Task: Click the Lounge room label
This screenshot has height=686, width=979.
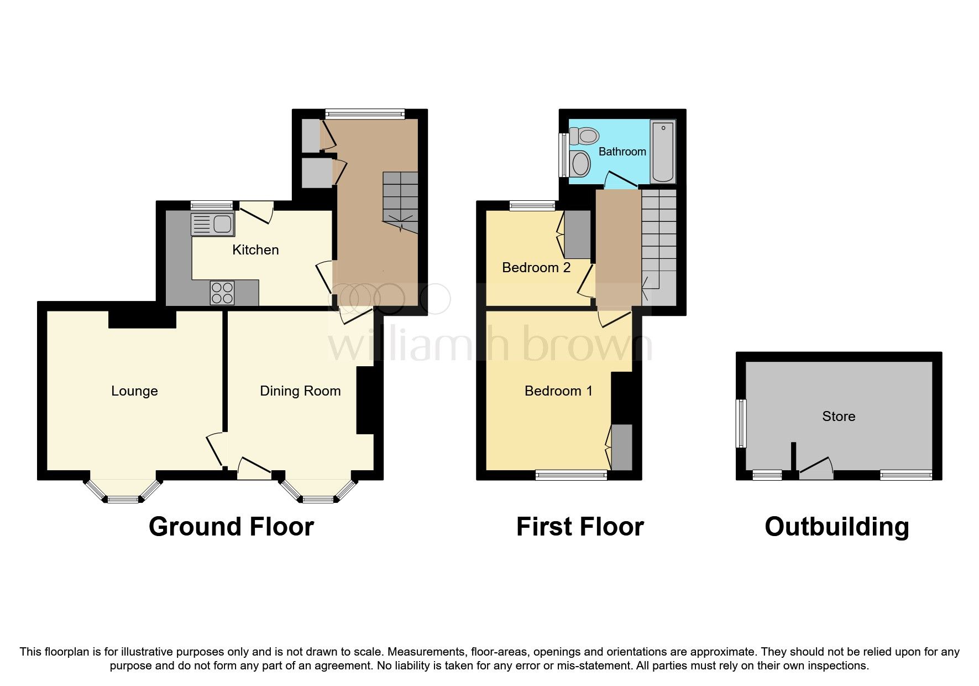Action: [x=134, y=391]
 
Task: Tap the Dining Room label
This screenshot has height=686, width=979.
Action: [x=300, y=391]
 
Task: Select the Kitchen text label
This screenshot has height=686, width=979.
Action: [x=255, y=250]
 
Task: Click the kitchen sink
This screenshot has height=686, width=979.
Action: [x=212, y=225]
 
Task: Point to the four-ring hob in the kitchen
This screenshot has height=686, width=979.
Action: [x=222, y=293]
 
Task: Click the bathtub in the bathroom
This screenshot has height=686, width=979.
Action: [x=663, y=152]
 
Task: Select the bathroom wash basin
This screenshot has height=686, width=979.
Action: [x=580, y=164]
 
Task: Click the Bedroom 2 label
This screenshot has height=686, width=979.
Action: [x=536, y=268]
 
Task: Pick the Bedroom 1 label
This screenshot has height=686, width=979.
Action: [x=558, y=391]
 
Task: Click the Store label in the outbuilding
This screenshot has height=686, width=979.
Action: [x=839, y=417]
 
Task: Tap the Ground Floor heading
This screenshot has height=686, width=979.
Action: [x=231, y=527]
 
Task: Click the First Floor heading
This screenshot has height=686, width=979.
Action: [x=580, y=527]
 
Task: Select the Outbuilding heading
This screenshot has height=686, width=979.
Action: [x=836, y=527]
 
